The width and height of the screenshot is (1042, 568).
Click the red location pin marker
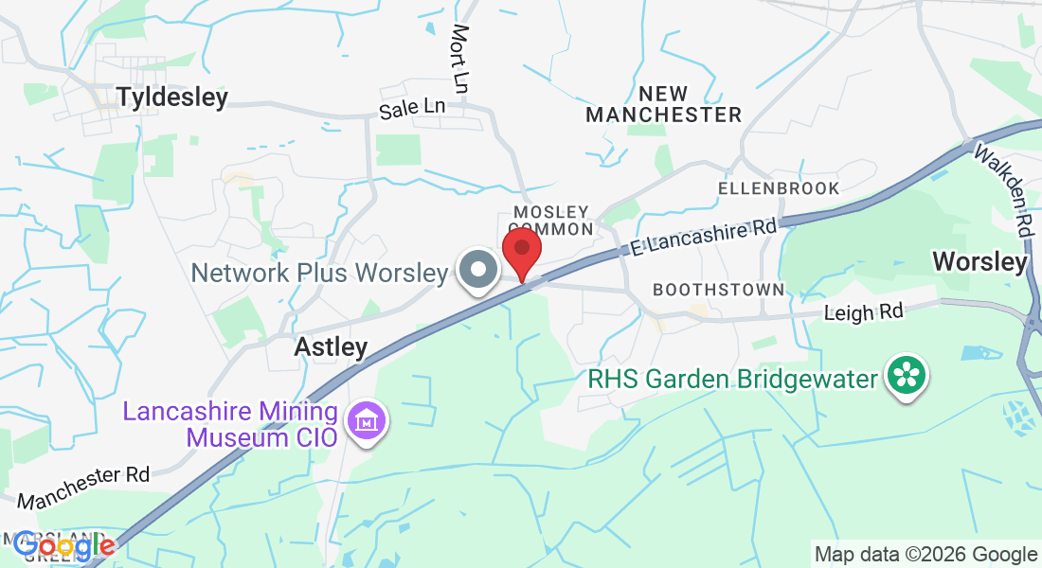521,251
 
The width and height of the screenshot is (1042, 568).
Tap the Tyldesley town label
172,98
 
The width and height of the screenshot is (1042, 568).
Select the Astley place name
331,347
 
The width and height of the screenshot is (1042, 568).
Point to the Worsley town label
979,261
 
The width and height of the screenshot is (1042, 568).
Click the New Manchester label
663,104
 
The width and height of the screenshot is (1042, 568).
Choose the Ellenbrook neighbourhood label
779,188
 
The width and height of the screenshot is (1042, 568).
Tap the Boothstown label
719,290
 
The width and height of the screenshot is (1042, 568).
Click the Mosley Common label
551,220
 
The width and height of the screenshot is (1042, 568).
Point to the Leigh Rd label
863,311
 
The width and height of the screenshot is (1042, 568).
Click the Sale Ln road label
412,109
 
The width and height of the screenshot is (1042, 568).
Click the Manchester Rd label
83,487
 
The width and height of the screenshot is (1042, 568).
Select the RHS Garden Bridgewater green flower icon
907,376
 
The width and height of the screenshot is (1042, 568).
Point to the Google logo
64,546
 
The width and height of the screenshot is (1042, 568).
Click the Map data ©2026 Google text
925,555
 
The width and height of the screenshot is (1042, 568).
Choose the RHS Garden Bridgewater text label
733,380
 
